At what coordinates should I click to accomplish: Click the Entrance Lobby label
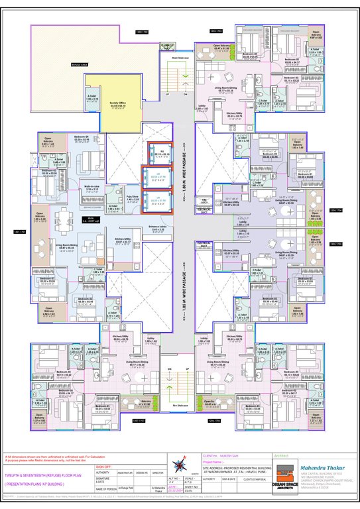[158, 230]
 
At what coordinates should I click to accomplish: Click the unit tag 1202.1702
[141, 31]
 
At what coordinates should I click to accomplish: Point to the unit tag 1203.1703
[215, 31]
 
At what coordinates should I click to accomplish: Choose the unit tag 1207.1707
[138, 420]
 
